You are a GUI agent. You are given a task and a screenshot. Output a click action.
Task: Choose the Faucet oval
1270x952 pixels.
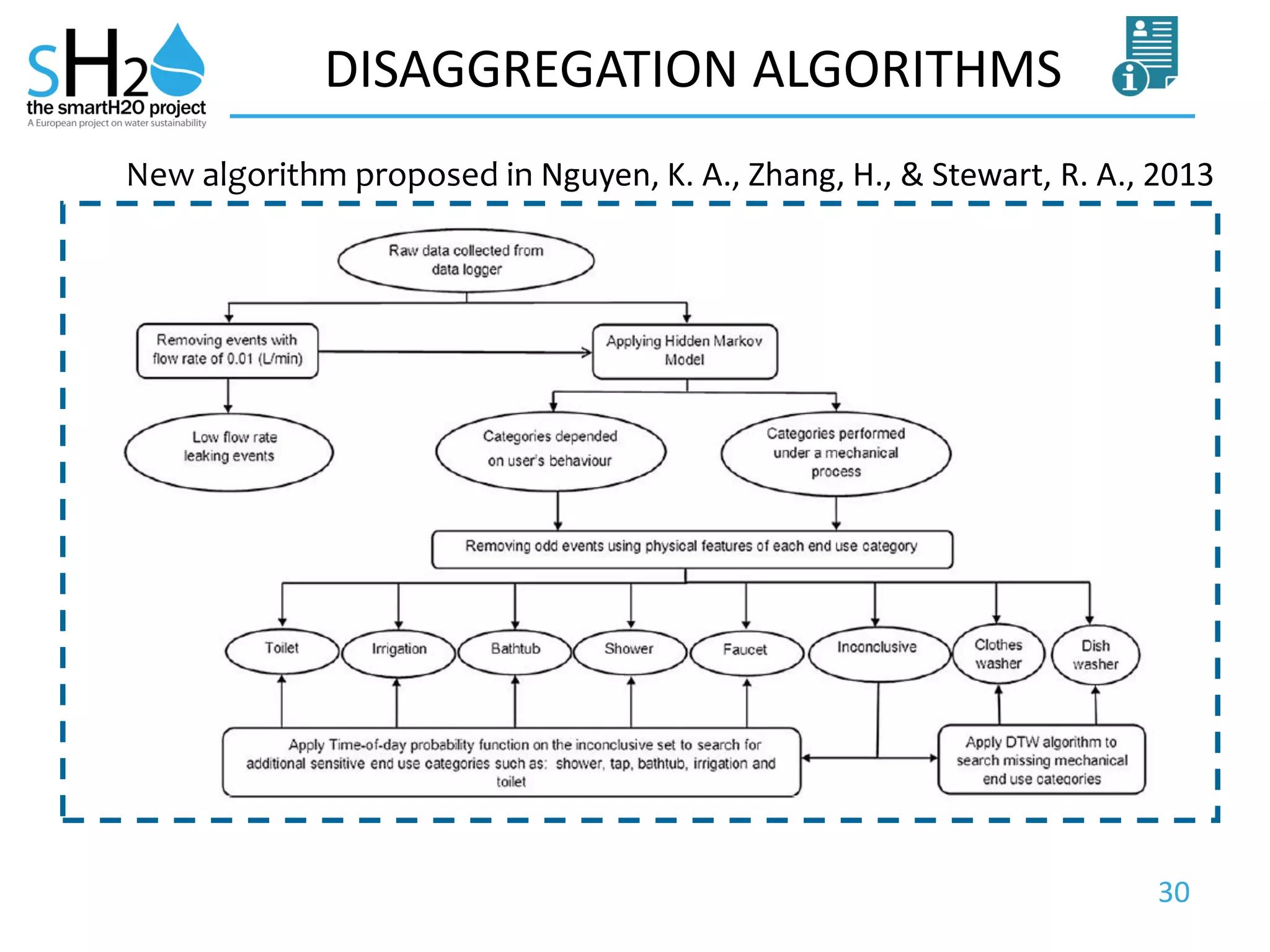click(x=746, y=651)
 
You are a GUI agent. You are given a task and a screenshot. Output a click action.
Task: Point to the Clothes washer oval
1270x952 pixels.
click(x=998, y=654)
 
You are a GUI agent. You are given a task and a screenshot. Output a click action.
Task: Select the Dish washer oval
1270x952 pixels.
click(x=1096, y=655)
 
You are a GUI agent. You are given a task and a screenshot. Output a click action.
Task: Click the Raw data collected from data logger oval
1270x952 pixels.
click(x=466, y=260)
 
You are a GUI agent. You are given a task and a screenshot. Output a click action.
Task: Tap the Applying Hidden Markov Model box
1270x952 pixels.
click(x=685, y=351)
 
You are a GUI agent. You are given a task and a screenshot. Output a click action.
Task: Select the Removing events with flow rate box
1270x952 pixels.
click(x=228, y=350)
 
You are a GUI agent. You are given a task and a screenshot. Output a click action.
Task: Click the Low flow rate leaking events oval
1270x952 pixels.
click(x=229, y=452)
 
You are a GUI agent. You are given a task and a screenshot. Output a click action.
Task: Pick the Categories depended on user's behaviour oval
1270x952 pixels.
click(x=551, y=451)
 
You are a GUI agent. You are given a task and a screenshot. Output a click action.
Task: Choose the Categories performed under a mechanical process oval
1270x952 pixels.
click(x=836, y=453)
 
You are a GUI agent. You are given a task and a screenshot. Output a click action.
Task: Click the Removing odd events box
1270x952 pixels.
click(x=692, y=549)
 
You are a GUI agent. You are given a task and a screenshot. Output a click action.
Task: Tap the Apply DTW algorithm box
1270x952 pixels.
click(x=1042, y=760)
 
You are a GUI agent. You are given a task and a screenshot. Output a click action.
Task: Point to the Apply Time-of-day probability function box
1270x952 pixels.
click(x=512, y=762)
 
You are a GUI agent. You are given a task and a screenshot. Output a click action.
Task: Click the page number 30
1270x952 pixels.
click(x=1174, y=892)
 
